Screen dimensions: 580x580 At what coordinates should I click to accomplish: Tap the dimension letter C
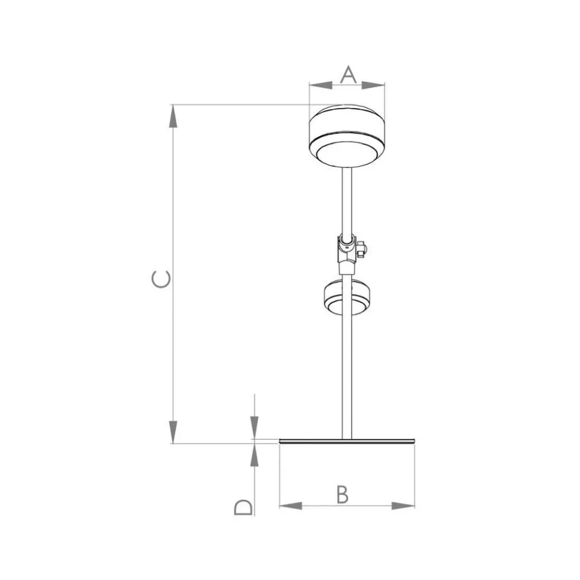click(161, 279)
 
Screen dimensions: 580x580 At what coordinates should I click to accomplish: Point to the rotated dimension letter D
click(243, 507)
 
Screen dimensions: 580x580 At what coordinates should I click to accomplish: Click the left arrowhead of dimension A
click(320, 85)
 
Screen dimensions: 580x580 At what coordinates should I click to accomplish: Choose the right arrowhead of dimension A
click(373, 85)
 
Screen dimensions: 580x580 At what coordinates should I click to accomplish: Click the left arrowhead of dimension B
click(291, 506)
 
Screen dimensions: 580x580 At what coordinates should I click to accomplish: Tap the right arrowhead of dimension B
click(404, 506)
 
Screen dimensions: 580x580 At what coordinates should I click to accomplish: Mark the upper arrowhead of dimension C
click(173, 116)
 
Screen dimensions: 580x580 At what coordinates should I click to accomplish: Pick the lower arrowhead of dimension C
click(173, 432)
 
